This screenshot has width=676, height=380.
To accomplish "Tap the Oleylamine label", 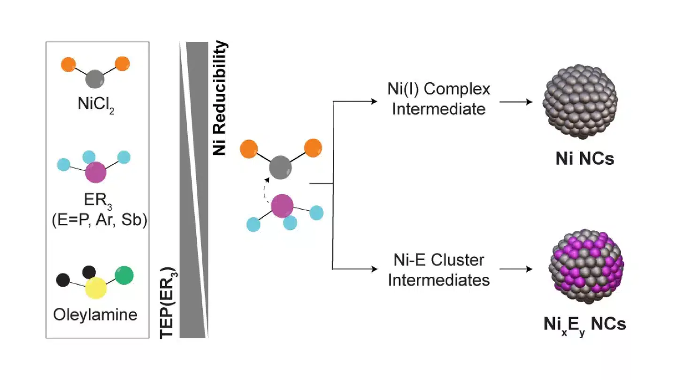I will (96, 313).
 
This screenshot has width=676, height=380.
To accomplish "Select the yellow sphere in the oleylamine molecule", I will (96, 288).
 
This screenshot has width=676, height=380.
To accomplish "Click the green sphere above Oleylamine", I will (124, 275).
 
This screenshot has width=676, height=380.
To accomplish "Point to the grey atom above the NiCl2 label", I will (96, 79).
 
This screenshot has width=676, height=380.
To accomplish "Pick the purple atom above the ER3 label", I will (96, 172).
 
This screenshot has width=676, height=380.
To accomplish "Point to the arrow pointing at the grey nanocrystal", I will (516, 101).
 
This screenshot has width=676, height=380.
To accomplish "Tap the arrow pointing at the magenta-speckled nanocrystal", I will (516, 269).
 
